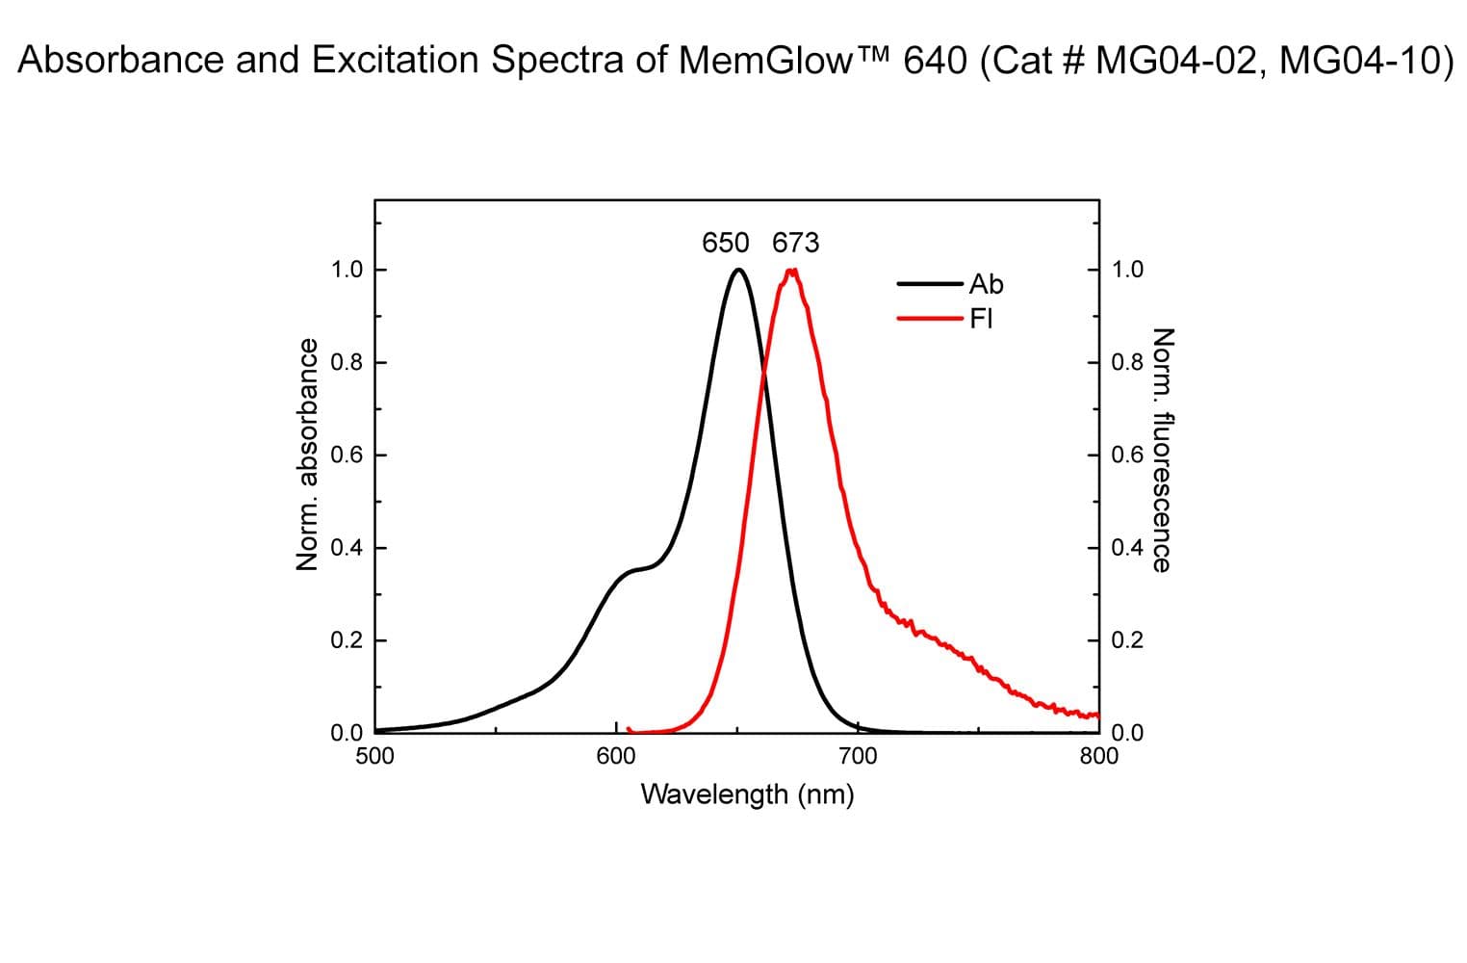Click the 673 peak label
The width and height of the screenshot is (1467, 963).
tap(796, 243)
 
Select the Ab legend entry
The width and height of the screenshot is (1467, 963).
tap(986, 284)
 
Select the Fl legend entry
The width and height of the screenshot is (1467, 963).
tap(981, 318)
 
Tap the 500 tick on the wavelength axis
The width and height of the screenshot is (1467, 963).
tap(374, 756)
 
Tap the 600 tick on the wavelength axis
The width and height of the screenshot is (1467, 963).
tap(616, 756)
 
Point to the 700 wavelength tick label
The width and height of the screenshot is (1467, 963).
tap(858, 756)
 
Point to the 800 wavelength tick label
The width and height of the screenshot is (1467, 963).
tap(1099, 756)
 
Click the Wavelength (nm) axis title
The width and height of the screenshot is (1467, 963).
tap(747, 794)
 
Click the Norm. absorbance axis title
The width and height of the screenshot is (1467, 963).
tap(308, 454)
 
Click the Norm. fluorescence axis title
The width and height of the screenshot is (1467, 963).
tap(1162, 451)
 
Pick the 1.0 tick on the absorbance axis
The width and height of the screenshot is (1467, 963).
tap(347, 270)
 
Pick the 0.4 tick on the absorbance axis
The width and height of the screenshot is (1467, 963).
tap(347, 548)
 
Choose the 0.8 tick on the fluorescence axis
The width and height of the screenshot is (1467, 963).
tap(1127, 363)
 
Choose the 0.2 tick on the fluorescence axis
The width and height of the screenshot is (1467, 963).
tap(1127, 640)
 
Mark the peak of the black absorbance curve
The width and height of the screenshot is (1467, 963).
tap(738, 270)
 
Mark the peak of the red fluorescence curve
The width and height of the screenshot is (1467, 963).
tap(791, 271)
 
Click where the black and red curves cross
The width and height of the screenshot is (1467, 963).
tap(764, 370)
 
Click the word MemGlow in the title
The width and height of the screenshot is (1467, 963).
tap(765, 61)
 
